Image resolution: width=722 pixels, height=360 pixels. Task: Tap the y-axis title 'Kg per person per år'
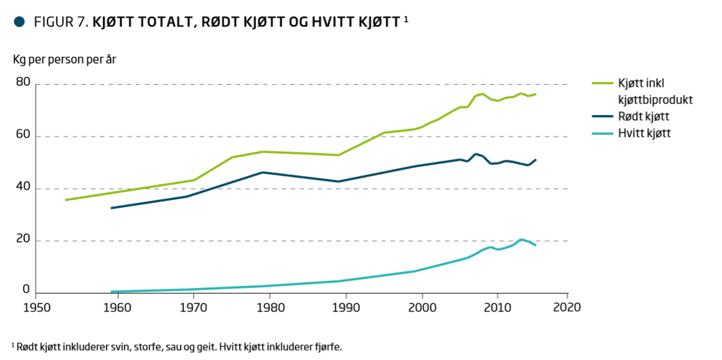tap(65, 60)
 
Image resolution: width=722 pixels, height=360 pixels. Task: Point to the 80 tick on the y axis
tap(23, 82)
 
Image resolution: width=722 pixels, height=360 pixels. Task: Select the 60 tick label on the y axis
tap(23, 135)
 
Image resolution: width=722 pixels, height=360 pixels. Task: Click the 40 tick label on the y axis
tap(23, 187)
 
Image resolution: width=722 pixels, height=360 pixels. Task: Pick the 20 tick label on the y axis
tap(23, 239)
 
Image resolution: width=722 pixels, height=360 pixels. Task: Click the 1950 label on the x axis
tap(37, 307)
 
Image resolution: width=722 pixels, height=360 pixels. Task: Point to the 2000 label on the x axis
tap(422, 307)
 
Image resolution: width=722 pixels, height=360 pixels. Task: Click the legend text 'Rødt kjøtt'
tap(644, 116)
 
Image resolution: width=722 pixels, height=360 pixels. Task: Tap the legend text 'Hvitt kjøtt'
tap(645, 133)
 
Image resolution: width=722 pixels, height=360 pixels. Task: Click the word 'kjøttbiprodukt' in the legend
tap(655, 100)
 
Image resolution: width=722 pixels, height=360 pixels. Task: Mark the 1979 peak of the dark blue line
tap(262, 172)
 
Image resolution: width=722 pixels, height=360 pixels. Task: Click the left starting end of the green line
tap(66, 200)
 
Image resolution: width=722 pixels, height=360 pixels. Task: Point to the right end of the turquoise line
tap(536, 245)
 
